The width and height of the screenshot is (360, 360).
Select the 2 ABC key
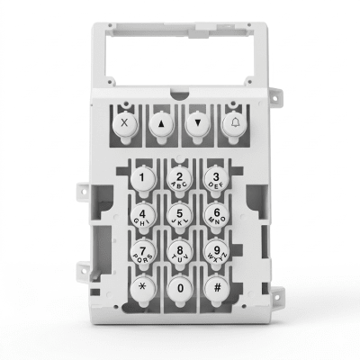click(180, 179)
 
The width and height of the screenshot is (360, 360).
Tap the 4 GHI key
click(142, 215)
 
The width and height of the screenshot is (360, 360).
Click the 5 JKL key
click(179, 216)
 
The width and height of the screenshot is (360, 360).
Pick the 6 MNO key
click(217, 215)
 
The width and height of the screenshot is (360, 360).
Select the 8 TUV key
click(179, 252)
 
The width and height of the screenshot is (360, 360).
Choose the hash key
click(217, 288)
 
